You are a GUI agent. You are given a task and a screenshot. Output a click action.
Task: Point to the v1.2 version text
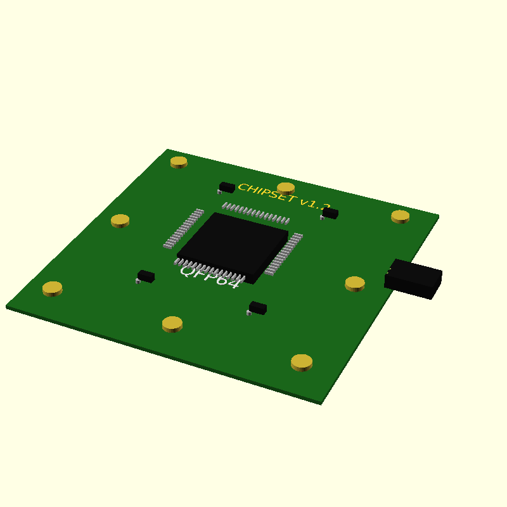point(315,204)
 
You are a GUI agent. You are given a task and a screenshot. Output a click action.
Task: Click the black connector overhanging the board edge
point(413,279)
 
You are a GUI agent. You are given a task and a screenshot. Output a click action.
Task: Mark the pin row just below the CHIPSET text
point(256,213)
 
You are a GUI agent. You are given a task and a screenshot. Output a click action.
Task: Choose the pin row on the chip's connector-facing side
point(284,254)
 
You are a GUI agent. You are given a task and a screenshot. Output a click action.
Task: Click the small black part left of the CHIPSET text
point(226,187)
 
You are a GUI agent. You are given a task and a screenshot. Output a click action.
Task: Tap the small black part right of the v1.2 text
point(330,214)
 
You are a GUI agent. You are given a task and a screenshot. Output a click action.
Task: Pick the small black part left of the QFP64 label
point(146,276)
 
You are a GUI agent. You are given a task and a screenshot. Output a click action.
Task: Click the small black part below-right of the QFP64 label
point(257,307)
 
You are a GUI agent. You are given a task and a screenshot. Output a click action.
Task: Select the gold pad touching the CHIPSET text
point(286,188)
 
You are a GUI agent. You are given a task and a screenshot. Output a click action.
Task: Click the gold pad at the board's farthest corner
point(179,162)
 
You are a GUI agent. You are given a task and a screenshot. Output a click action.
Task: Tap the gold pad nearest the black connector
point(355,283)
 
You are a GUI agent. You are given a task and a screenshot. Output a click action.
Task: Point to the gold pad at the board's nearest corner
point(302,361)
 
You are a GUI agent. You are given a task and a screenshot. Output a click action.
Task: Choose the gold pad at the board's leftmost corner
point(53,288)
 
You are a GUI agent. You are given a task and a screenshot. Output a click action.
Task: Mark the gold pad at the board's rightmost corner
point(400,216)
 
